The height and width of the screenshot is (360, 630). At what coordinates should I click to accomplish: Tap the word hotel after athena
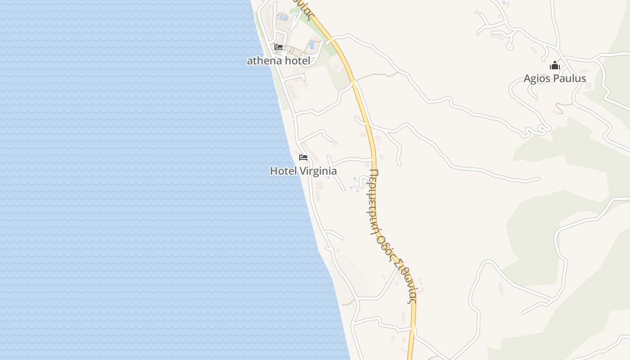coord(296,61)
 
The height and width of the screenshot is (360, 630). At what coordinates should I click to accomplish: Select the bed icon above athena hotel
coord(279,47)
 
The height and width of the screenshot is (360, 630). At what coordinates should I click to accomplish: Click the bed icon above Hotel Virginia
coord(303,157)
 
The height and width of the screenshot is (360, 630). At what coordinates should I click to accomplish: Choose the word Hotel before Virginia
coord(282,171)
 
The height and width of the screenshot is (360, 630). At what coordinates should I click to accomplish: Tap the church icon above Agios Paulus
coord(554,66)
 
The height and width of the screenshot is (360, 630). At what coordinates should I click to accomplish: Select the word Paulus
coord(570,79)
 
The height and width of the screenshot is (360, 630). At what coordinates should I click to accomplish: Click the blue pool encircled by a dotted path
coord(283,17)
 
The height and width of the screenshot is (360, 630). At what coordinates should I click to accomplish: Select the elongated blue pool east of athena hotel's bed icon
coord(312,45)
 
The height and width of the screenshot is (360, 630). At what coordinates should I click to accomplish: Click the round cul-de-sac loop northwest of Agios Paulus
coord(510,46)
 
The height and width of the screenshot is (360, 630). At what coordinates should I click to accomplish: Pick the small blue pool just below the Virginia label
coord(328,177)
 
